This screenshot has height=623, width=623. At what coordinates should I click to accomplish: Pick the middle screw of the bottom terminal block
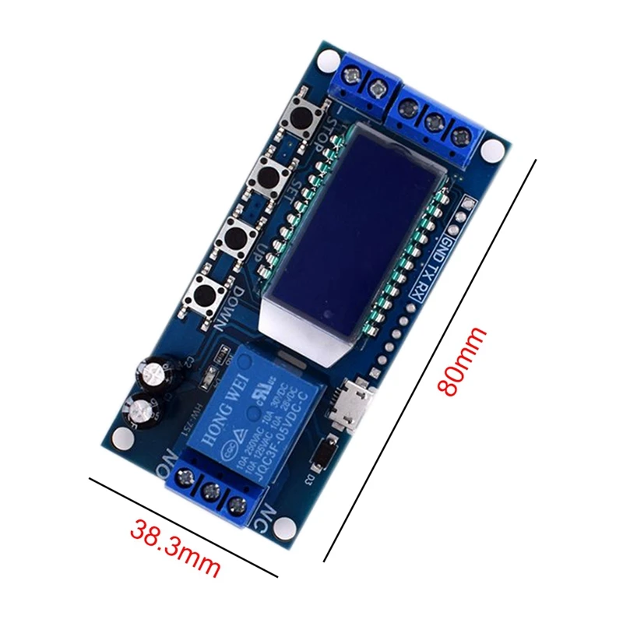tap(209, 491)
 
